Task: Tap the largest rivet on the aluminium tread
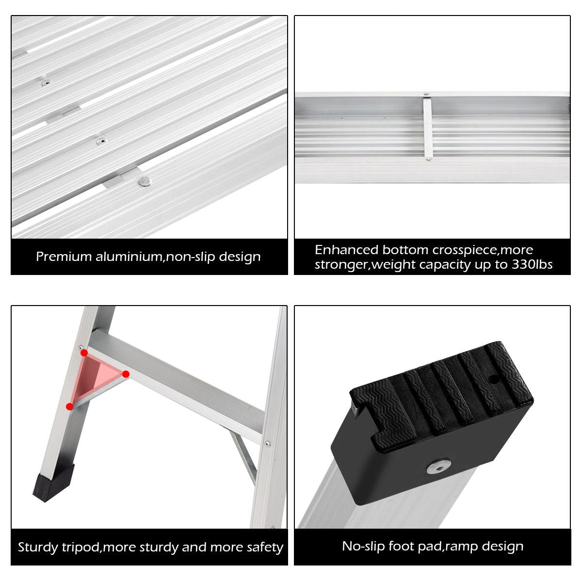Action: point(143,182)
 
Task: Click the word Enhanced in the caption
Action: point(346,250)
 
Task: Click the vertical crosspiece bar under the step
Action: point(427,127)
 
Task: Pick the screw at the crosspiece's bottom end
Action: point(427,159)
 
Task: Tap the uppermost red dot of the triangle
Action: point(84,353)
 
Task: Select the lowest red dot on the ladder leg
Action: point(70,406)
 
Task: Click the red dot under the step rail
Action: point(126,374)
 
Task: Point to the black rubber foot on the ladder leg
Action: point(54,482)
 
